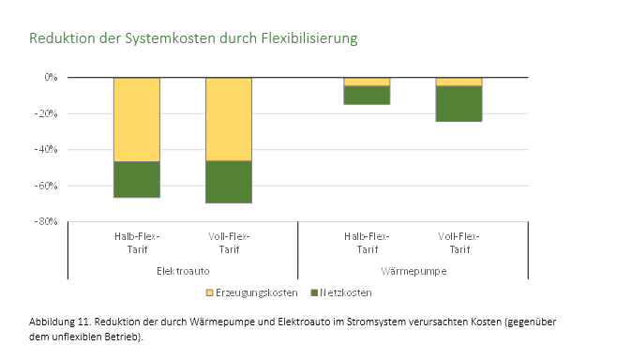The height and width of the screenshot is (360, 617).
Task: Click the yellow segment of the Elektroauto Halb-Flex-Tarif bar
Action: point(137,119)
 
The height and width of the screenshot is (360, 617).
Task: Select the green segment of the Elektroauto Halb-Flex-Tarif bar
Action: point(137,179)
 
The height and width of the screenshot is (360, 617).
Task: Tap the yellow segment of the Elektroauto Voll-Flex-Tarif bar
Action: point(229,119)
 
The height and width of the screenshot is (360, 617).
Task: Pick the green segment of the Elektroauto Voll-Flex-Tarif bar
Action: point(229,182)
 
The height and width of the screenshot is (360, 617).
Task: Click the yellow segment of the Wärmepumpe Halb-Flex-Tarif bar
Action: point(367,82)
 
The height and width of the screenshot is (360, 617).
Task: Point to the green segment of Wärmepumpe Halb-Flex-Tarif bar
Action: point(367,95)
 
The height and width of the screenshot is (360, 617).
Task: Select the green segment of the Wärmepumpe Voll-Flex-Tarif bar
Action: point(459,103)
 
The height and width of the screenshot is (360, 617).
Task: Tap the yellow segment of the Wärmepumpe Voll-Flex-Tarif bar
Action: point(459,82)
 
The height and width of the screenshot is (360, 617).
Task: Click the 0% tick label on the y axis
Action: point(50,77)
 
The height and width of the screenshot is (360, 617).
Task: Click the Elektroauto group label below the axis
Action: point(183,270)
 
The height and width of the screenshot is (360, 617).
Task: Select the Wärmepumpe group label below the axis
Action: point(413,270)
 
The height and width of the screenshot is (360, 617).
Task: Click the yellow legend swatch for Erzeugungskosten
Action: point(210,292)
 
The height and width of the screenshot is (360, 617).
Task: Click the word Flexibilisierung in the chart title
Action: point(305,39)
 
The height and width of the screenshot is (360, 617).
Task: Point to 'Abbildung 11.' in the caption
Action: point(60,322)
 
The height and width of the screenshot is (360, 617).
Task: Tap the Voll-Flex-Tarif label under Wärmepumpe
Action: point(459,243)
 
